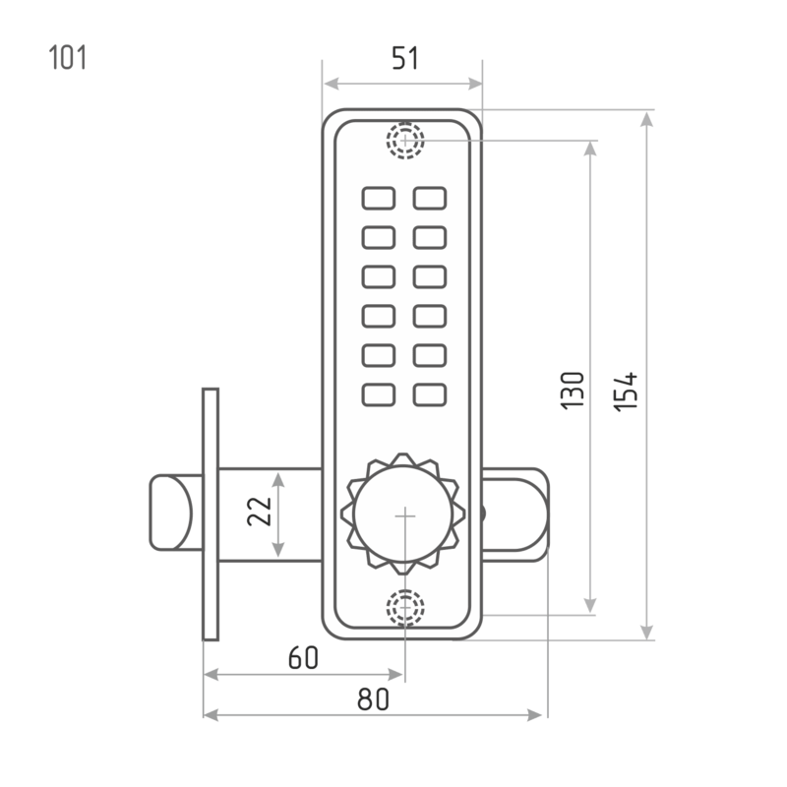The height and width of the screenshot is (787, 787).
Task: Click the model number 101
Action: click(x=68, y=58)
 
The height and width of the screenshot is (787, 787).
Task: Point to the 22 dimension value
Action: click(x=258, y=513)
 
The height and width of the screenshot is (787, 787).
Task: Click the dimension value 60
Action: click(x=303, y=658)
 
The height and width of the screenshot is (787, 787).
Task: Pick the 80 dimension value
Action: click(x=374, y=698)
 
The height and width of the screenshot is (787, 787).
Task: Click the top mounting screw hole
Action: click(x=404, y=141)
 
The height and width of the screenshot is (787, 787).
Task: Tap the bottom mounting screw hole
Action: click(x=404, y=608)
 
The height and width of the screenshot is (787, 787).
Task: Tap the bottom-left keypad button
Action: click(x=378, y=394)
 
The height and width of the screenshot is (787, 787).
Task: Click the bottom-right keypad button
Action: click(x=430, y=394)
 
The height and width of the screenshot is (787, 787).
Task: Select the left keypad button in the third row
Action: click(x=378, y=276)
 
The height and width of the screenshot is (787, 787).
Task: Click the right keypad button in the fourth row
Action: click(x=430, y=316)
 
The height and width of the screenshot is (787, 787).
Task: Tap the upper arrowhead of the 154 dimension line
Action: click(x=646, y=118)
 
